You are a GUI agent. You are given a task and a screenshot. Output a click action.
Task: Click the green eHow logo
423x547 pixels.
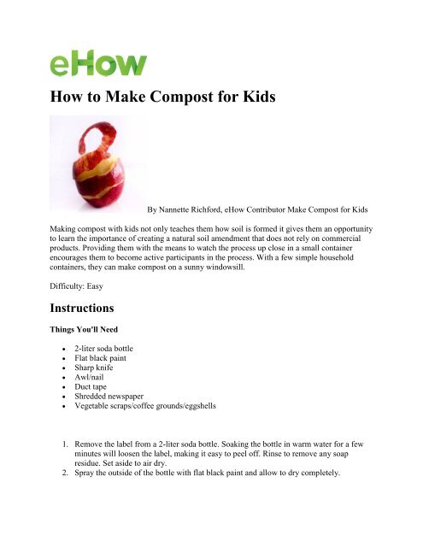coord(97,64)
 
